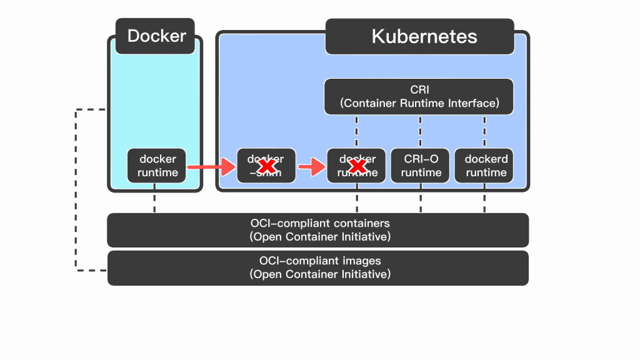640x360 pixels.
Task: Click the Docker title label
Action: click(x=156, y=36)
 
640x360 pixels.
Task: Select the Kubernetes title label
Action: click(x=424, y=36)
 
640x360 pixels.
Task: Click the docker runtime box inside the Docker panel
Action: click(x=157, y=166)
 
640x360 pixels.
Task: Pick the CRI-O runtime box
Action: click(x=421, y=166)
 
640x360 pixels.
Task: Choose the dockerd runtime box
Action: click(x=485, y=166)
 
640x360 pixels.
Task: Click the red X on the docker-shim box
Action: click(x=267, y=166)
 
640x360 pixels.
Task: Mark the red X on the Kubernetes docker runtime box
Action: click(x=357, y=166)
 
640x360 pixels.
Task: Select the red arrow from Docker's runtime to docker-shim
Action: click(x=209, y=167)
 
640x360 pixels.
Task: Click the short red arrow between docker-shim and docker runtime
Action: click(x=311, y=167)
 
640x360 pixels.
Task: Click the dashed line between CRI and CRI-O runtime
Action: click(x=421, y=131)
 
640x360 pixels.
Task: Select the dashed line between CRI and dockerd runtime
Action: click(x=485, y=131)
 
